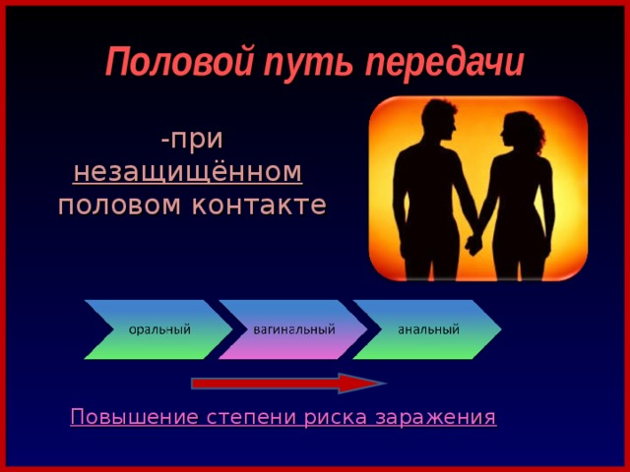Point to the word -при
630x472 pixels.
coord(192,139)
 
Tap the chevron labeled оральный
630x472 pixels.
coord(158,328)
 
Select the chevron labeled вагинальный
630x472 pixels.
coord(293,328)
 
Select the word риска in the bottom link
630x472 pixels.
coord(338,418)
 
